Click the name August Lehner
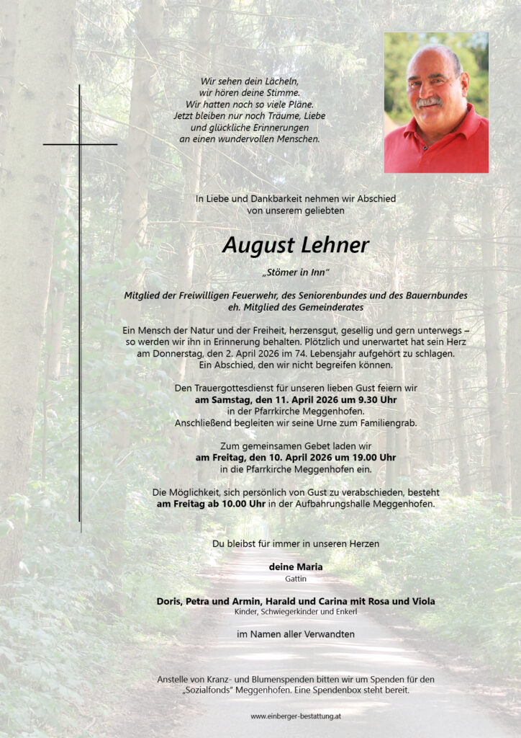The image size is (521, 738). coord(295,246)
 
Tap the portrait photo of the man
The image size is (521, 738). coord(436,102)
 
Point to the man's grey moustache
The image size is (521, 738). coord(430,103)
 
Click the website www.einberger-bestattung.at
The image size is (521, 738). coord(295,716)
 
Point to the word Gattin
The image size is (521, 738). coord(295,579)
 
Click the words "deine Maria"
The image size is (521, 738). coord(295,566)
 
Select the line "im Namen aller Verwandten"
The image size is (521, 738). coord(295,634)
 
